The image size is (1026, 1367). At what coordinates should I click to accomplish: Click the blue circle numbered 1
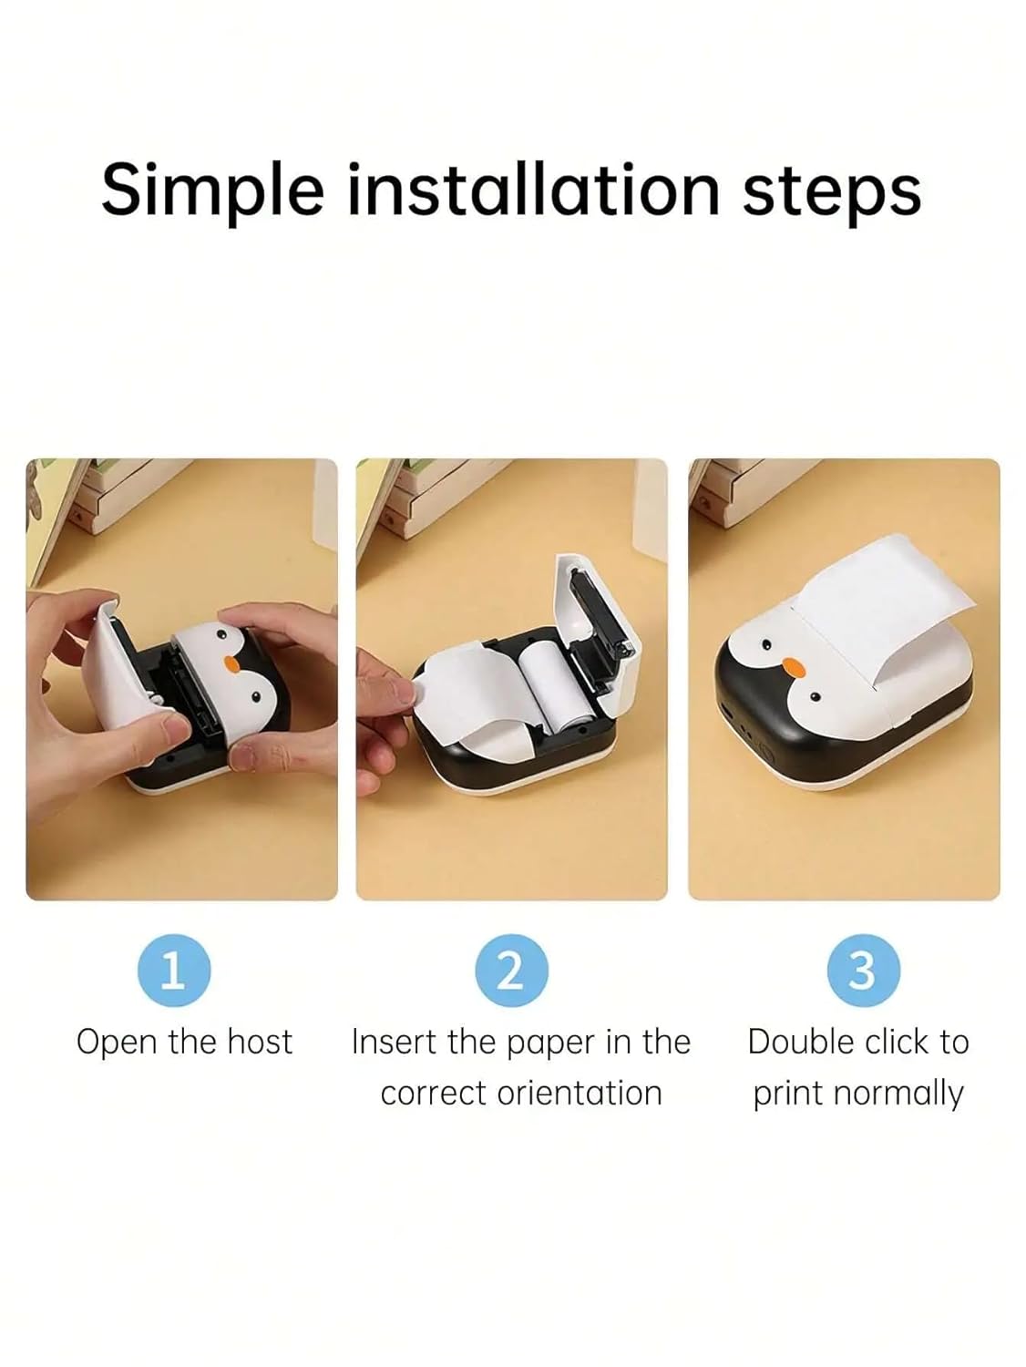click(x=174, y=971)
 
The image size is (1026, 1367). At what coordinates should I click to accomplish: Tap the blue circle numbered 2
click(x=511, y=971)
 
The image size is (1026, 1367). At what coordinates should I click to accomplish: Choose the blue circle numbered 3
click(x=864, y=971)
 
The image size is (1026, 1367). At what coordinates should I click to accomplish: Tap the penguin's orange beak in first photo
click(x=233, y=663)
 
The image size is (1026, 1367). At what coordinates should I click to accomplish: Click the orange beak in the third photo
click(x=792, y=668)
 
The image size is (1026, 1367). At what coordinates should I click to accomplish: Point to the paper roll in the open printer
click(x=540, y=689)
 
